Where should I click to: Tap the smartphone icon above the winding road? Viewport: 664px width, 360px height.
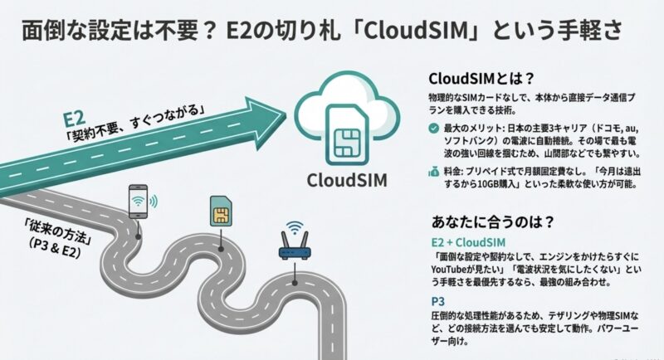138,201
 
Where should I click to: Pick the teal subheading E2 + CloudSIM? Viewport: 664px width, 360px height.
470,242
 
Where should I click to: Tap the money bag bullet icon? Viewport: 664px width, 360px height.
434,172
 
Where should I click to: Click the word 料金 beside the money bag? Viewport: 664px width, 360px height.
454,172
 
